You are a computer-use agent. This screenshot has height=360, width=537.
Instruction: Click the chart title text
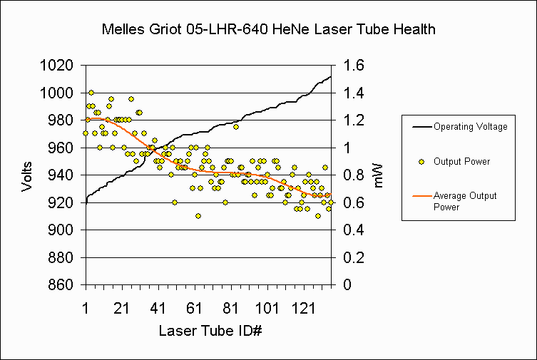268,30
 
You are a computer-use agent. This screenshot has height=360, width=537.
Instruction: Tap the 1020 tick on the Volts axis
58,66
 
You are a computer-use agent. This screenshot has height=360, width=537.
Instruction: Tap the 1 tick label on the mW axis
350,148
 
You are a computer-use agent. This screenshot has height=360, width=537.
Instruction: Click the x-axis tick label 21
121,309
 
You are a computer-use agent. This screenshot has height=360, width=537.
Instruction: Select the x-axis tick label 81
230,309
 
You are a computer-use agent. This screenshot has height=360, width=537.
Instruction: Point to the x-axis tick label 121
304,309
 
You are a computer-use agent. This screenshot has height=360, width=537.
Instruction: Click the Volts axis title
27,175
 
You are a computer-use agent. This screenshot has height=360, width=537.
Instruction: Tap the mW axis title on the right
378,175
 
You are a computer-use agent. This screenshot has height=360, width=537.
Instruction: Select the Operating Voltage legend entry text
471,127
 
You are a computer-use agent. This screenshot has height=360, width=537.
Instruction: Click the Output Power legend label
462,162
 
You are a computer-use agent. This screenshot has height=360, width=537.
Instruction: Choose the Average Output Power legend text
465,201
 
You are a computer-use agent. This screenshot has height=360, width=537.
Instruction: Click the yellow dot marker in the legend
421,162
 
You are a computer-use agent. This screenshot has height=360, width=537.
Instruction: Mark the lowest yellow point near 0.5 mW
198,216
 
